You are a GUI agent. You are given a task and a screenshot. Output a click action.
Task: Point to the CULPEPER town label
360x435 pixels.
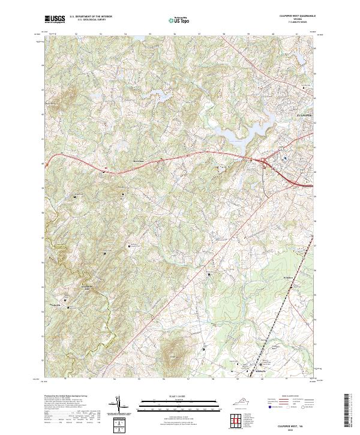click(x=305, y=112)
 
